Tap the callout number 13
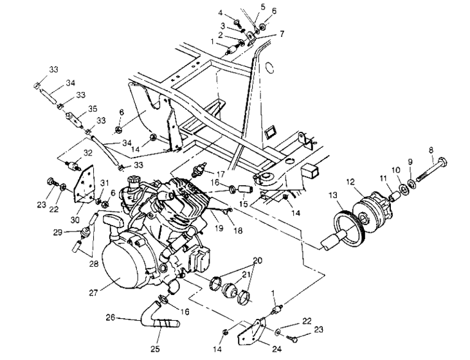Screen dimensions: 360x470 pos(333,195)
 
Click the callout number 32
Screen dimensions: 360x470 pos(88,153)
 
